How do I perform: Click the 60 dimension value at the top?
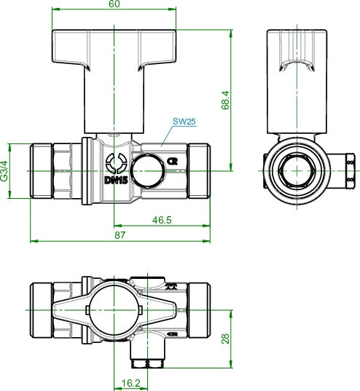click(114, 4)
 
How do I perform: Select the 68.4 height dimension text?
click(225, 100)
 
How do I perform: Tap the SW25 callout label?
click(184, 122)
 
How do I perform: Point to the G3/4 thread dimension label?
click(4, 171)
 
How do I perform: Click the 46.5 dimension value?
click(162, 220)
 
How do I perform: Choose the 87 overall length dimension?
click(120, 235)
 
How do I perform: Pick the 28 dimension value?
click(225, 339)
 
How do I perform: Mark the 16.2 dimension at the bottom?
click(131, 383)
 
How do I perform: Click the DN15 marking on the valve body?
click(116, 181)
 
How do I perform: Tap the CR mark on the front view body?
click(172, 162)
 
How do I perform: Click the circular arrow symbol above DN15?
click(117, 163)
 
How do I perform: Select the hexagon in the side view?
click(297, 171)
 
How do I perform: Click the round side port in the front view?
click(148, 171)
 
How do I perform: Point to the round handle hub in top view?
click(114, 310)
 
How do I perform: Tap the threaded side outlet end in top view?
click(147, 363)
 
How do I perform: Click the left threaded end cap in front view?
click(42, 171)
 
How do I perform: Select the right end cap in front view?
click(199, 171)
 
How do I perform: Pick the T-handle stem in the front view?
click(114, 100)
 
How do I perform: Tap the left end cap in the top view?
click(42, 310)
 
